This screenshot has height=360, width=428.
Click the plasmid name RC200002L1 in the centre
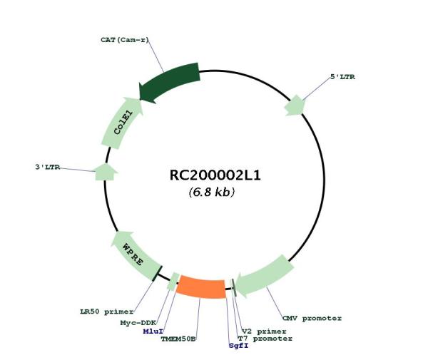215,175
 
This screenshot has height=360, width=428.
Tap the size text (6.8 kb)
212,192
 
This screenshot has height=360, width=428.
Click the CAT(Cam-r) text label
125,40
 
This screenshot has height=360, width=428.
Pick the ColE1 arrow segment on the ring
121,123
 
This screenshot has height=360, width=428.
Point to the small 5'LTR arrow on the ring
294,106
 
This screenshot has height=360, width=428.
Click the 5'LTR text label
343,77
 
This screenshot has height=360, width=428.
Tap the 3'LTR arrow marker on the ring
106,172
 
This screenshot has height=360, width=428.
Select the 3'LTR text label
48,167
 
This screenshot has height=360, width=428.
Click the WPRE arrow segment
134,254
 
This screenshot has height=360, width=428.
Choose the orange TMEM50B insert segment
201,287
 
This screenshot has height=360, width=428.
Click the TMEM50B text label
178,339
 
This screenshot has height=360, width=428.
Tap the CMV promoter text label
312,318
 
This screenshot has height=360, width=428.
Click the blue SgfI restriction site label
239,346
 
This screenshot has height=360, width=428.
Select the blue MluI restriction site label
153,331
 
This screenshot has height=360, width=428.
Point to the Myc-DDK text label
138,323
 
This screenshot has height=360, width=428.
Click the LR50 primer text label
107,312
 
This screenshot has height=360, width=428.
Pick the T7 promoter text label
265,339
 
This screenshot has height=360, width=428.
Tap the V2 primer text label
264,331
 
